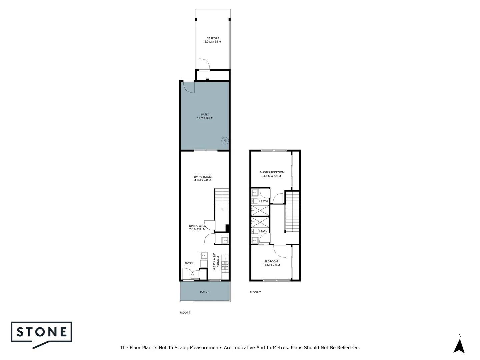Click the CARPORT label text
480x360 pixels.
(213, 38)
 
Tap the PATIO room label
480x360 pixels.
(205, 114)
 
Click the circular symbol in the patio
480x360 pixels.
(225, 141)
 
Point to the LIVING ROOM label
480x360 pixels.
(203, 177)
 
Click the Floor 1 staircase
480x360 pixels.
(222, 199)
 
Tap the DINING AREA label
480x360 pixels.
(197, 226)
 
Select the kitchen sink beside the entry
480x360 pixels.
(203, 255)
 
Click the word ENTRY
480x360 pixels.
(189, 263)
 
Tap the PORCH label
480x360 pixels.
(205, 292)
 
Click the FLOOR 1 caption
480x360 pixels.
(185, 313)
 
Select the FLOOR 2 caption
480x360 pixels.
(255, 292)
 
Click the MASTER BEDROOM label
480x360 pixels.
(272, 172)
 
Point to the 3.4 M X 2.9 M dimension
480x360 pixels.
(271, 265)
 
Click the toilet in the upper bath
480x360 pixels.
(256, 201)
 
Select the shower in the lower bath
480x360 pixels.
(260, 222)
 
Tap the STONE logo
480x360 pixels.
(42, 332)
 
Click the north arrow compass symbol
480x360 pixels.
(459, 346)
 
